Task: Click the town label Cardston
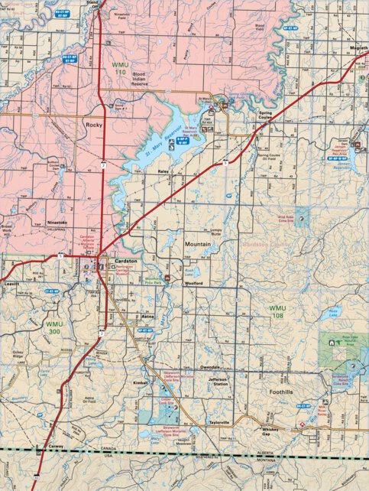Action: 126,261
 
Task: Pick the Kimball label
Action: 140,381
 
